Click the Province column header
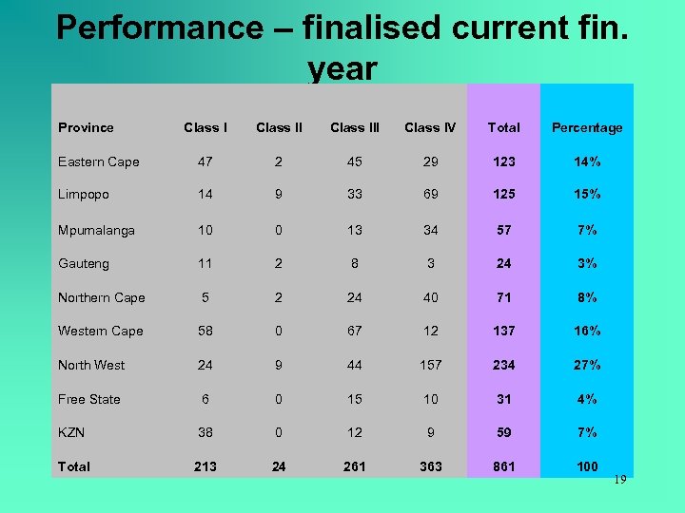coord(86,127)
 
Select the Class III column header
coord(354,127)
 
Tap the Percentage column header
coord(587,127)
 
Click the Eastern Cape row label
coord(98,161)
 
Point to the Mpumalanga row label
coord(96,230)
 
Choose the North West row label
coord(91,365)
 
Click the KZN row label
coord(71,432)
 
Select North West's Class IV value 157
coord(430,365)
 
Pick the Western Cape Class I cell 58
coord(205,331)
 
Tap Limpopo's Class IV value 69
coord(430,194)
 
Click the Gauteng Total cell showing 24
coord(503,263)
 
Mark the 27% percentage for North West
coord(587,365)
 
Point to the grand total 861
coord(503,466)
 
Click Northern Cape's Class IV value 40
coord(430,297)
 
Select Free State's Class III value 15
coord(354,399)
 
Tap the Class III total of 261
coord(354,466)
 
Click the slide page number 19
coord(619,480)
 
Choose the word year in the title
coord(342,68)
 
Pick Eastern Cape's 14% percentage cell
coord(587,161)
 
